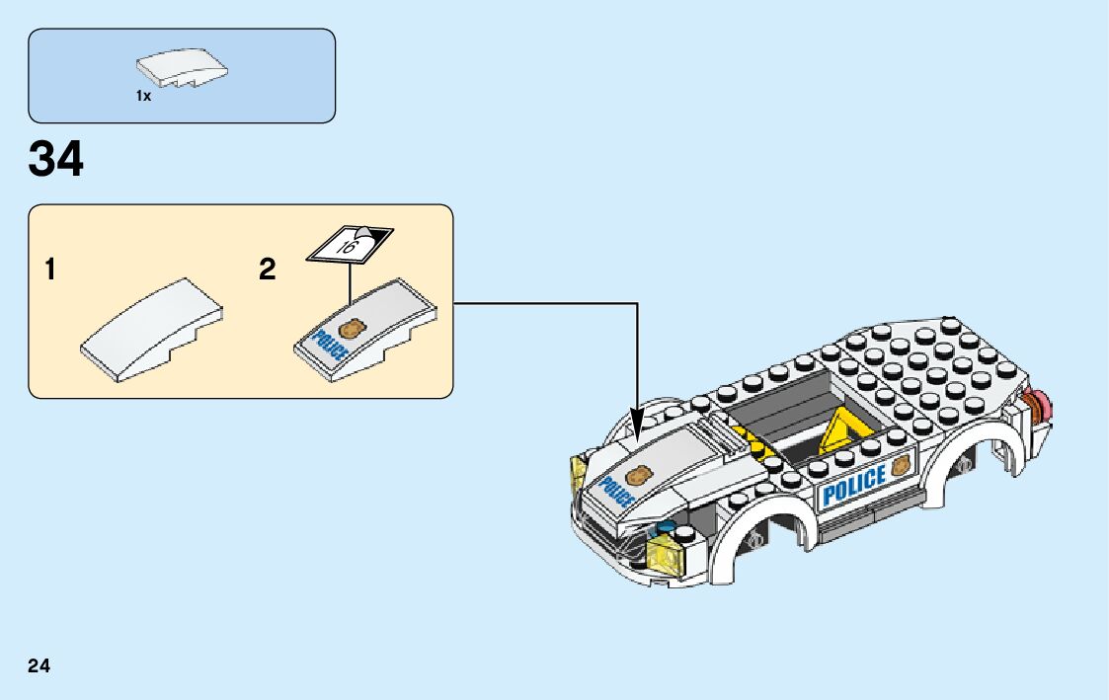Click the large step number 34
click(x=56, y=159)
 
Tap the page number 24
click(x=40, y=665)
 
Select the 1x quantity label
click(x=143, y=97)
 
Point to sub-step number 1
click(x=49, y=270)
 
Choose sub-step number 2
click(x=268, y=270)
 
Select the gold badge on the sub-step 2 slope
click(x=351, y=328)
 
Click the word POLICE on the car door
click(x=853, y=485)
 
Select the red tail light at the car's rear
click(x=1040, y=404)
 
